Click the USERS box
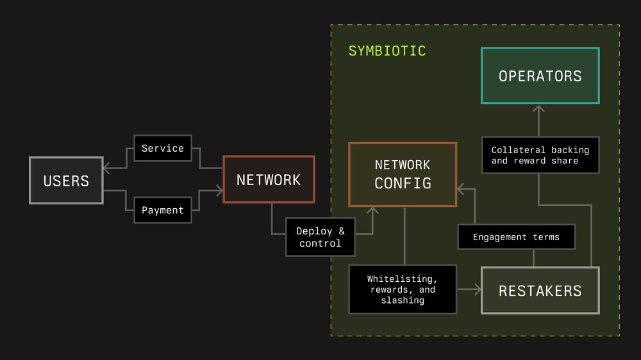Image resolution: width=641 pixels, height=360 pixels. (x=66, y=181)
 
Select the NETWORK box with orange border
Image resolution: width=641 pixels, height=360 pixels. (x=269, y=179)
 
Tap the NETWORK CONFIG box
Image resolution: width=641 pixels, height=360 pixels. (x=403, y=174)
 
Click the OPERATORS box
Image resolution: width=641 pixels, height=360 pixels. (x=540, y=76)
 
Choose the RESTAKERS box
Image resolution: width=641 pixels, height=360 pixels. (x=540, y=291)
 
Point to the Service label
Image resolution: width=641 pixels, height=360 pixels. (x=163, y=148)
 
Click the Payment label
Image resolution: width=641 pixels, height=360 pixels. (x=163, y=210)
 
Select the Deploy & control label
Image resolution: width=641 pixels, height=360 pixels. (x=320, y=237)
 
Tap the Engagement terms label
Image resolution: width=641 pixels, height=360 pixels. (x=516, y=237)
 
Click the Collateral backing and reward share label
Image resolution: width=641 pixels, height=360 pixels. (x=540, y=155)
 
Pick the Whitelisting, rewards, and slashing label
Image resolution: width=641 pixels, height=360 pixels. (x=403, y=290)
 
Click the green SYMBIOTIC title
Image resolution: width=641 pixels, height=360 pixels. (x=387, y=51)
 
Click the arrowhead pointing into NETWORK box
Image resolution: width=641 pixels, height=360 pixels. (x=219, y=190)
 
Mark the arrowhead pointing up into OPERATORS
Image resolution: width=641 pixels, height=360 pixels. (x=539, y=109)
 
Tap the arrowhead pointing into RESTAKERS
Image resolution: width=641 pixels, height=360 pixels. (x=477, y=290)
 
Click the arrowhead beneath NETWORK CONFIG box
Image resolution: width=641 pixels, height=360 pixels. (x=372, y=211)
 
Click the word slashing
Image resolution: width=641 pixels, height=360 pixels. (x=403, y=300)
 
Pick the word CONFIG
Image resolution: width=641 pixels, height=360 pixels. (x=403, y=183)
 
